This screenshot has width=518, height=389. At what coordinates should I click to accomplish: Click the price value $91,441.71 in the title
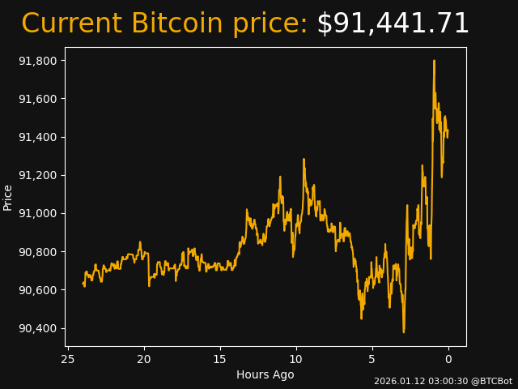click(x=393, y=24)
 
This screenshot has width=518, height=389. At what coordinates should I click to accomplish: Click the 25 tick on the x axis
click(x=68, y=359)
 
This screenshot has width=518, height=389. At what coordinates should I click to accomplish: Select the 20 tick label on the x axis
click(x=144, y=359)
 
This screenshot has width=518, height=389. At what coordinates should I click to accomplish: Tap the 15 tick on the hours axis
click(x=220, y=359)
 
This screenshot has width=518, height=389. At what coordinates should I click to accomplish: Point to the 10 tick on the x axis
click(x=296, y=359)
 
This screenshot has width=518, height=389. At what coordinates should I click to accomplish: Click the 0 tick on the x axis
click(x=448, y=359)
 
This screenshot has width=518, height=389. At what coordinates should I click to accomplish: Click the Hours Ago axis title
click(x=265, y=374)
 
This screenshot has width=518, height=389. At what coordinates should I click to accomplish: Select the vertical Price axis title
click(x=8, y=197)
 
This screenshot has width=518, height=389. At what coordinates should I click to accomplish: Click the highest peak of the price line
click(x=434, y=61)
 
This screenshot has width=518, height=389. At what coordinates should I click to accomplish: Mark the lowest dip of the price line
click(x=403, y=331)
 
